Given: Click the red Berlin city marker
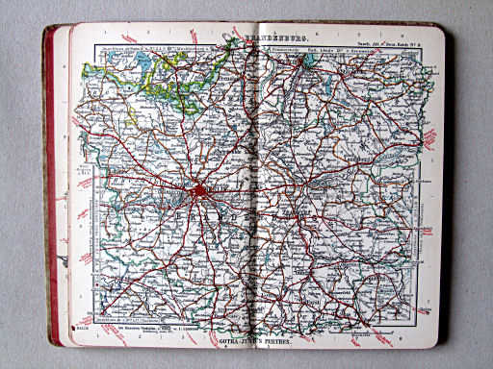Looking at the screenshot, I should (199, 190).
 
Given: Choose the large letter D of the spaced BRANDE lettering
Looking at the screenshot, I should (237, 222).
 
